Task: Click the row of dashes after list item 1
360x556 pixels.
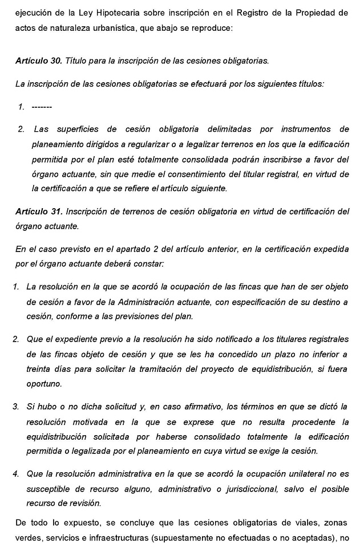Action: tap(42, 106)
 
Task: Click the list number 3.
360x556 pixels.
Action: tap(16, 407)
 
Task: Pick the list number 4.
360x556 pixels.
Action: tap(16, 474)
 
